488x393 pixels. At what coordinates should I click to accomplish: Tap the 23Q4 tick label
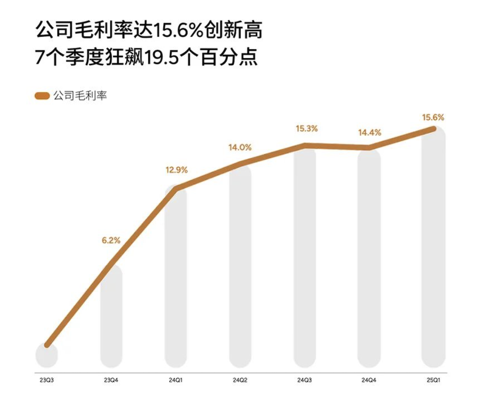click(x=111, y=379)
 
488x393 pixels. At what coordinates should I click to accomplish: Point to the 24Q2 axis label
click(x=240, y=379)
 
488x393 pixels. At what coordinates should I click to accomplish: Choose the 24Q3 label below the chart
click(x=305, y=379)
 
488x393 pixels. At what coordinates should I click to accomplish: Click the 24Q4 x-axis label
click(x=369, y=379)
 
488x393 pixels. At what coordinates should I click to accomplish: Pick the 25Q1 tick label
click(x=433, y=379)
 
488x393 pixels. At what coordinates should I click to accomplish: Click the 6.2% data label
click(x=111, y=240)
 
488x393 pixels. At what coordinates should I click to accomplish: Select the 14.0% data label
click(x=240, y=147)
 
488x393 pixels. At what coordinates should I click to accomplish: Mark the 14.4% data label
click(x=369, y=132)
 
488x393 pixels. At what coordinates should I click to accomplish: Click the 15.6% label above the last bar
click(x=433, y=117)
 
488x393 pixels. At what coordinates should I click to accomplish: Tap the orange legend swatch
click(x=42, y=96)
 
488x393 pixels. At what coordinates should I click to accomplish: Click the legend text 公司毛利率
click(x=80, y=96)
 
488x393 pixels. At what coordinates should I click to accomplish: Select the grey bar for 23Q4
click(x=111, y=317)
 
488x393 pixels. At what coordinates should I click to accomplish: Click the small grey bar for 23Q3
click(x=47, y=356)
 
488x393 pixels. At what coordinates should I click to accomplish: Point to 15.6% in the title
click(x=172, y=31)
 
